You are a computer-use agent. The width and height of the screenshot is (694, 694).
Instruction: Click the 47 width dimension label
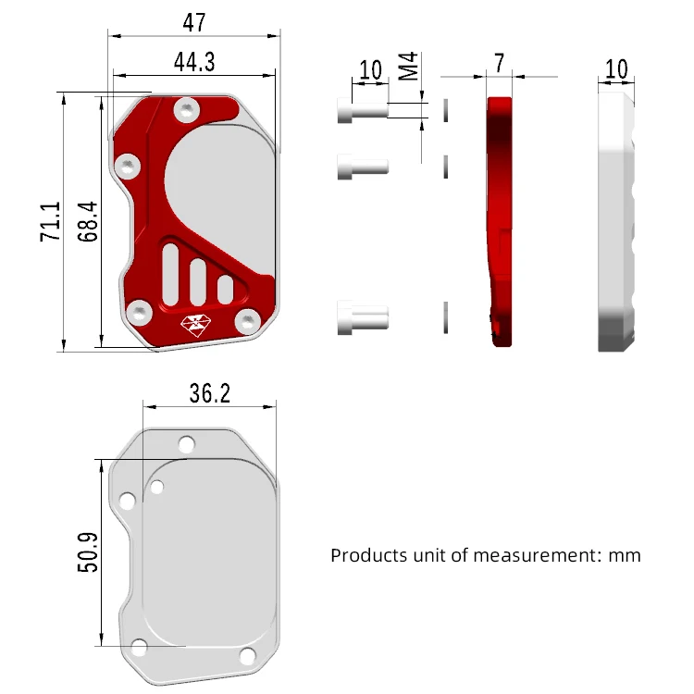coord(194,22)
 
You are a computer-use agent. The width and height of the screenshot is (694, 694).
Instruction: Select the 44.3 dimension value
coord(194,62)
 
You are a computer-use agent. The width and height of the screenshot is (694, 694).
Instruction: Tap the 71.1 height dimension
coord(50,221)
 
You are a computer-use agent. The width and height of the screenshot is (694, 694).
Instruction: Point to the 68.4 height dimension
coord(87,221)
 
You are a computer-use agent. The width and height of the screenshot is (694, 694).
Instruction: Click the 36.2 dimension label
coord(210,393)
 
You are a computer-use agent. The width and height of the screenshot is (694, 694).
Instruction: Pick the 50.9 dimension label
coord(87,552)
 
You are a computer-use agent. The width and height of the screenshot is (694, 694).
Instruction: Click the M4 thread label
coord(408,67)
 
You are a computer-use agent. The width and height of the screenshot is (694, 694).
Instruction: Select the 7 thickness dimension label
coord(500,63)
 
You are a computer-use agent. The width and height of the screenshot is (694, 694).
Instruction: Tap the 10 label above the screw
coord(370,70)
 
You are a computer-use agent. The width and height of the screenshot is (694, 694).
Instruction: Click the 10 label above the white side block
coord(616,69)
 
